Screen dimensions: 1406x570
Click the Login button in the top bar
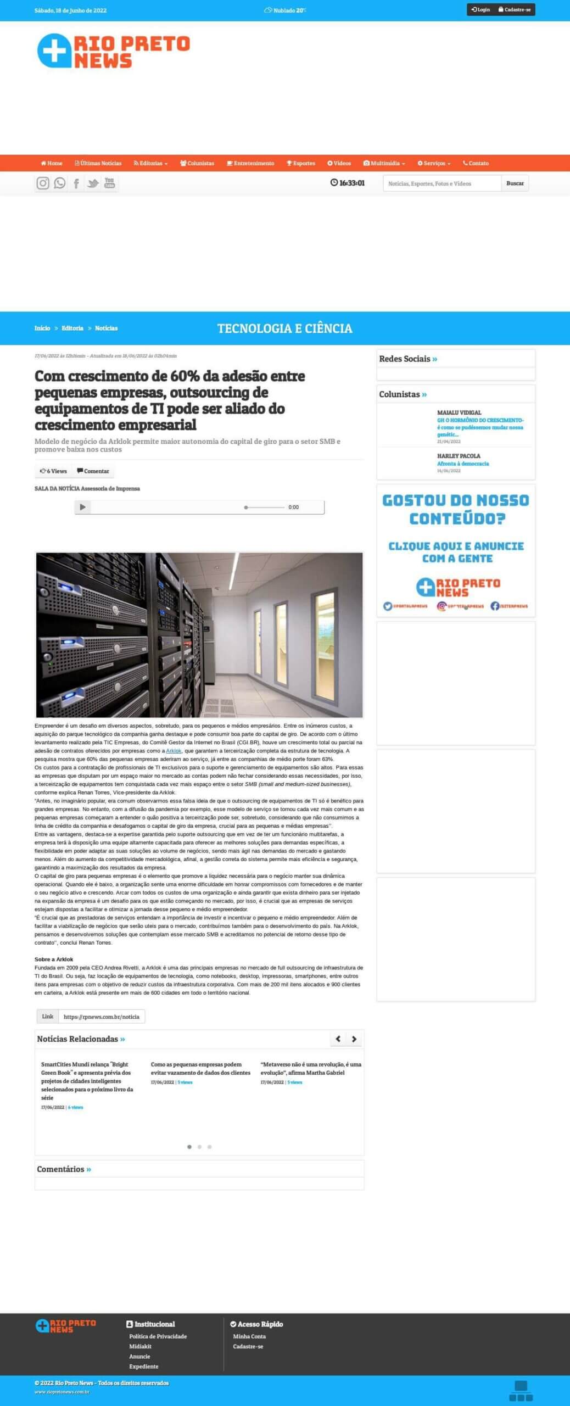(480, 10)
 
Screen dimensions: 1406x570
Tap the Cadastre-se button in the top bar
(515, 10)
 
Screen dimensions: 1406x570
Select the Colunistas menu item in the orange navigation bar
(197, 163)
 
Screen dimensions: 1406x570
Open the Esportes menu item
(301, 163)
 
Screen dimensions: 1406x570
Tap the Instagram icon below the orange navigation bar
(43, 183)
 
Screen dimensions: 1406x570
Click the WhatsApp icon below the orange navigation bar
(60, 183)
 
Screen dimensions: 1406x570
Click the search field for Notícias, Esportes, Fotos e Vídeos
(442, 183)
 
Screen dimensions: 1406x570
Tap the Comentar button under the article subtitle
(93, 471)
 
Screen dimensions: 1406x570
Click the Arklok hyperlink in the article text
(174, 751)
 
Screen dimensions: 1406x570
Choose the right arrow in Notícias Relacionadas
(354, 1039)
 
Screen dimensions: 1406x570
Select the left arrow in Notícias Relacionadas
(338, 1039)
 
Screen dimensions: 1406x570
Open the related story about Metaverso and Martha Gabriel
(311, 1068)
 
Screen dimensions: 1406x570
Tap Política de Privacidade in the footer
(158, 1336)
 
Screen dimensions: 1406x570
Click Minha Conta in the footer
(249, 1336)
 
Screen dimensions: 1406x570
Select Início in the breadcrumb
(42, 328)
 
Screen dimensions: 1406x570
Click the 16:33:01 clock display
(348, 183)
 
